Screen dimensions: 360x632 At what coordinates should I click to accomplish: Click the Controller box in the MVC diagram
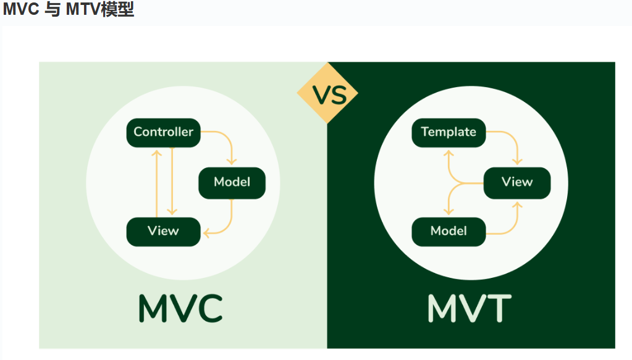click(x=163, y=132)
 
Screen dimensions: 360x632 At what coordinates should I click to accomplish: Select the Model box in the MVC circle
click(x=232, y=183)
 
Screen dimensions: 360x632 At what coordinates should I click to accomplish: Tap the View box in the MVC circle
click(x=163, y=232)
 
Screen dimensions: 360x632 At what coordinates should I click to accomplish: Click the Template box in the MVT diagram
click(x=449, y=132)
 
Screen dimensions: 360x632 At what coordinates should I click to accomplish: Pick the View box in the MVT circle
click(x=516, y=183)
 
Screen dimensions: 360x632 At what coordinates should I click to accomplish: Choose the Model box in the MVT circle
click(x=449, y=232)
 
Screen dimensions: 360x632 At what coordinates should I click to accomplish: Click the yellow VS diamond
click(x=327, y=94)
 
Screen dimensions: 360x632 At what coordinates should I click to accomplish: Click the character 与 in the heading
click(x=53, y=10)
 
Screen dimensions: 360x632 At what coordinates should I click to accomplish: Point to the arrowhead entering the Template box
click(x=448, y=152)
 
